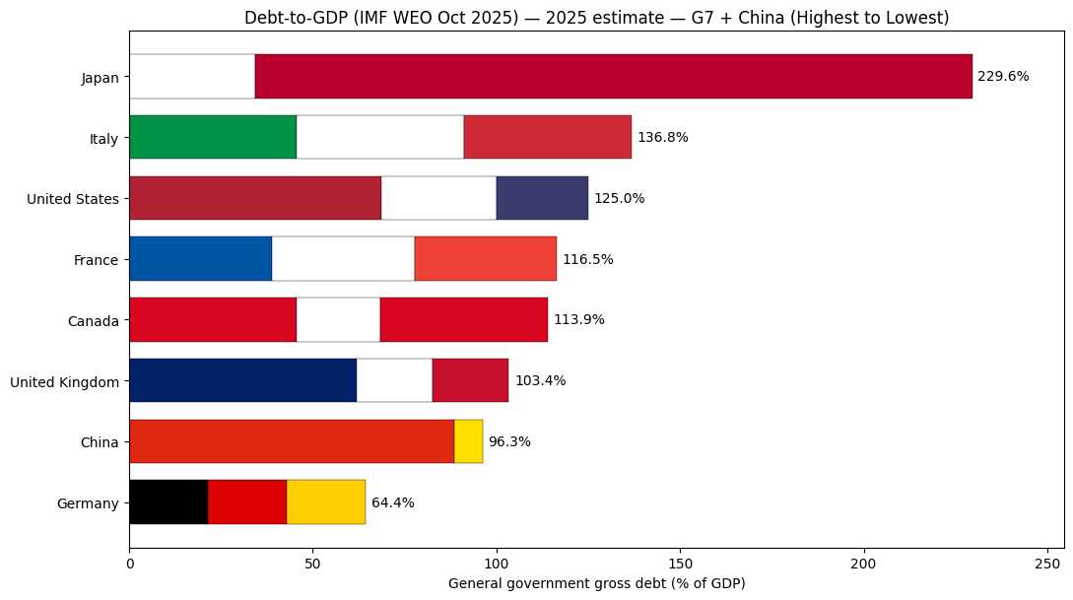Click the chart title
point(597,18)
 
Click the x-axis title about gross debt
point(596,583)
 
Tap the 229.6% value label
point(1003,76)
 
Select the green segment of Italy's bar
point(212,137)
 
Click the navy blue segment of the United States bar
point(542,198)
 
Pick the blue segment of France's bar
point(200,259)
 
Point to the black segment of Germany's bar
point(168,502)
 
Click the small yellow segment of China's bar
point(468,441)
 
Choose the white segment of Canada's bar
point(338,320)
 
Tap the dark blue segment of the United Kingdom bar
point(242,380)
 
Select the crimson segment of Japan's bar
point(613,76)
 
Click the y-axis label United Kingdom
point(64,381)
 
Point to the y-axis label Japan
point(101,77)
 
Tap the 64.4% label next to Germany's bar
point(392,502)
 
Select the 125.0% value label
point(619,198)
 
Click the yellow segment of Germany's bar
point(326,502)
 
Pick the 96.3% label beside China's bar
point(509,441)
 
